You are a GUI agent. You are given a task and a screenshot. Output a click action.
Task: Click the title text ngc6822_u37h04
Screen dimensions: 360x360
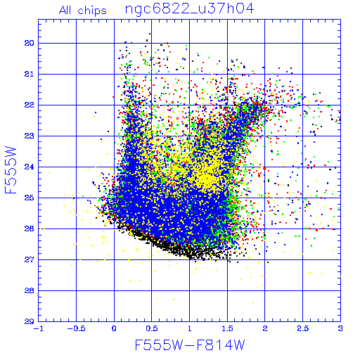(189, 9)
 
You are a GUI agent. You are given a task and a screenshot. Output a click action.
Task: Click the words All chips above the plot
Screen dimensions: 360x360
(83, 11)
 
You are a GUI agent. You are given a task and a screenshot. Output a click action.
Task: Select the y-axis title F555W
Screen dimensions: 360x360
(11, 170)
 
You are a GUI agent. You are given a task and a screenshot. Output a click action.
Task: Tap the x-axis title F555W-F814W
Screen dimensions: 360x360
(190, 345)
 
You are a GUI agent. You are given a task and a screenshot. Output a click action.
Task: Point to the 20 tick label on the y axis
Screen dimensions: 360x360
(29, 43)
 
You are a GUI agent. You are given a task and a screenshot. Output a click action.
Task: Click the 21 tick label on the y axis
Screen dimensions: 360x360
(29, 74)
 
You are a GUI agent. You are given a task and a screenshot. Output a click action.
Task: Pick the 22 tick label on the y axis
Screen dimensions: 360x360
(29, 105)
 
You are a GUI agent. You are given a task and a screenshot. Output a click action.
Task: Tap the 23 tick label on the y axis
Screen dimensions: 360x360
(29, 136)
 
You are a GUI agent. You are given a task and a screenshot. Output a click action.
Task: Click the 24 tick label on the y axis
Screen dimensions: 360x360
(29, 167)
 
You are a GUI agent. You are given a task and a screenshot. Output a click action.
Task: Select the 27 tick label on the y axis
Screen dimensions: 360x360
(29, 259)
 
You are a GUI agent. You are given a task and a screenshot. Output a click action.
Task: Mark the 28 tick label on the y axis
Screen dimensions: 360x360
(29, 290)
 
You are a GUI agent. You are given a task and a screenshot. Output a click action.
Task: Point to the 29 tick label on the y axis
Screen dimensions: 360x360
(29, 321)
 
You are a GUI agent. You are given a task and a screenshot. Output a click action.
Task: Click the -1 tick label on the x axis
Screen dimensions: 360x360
(37, 328)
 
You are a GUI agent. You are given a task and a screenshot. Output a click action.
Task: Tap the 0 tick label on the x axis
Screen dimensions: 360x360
(114, 328)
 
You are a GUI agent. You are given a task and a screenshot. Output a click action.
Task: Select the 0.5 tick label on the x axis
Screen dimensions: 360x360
(152, 328)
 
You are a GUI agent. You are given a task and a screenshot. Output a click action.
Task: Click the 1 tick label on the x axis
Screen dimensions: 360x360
(189, 328)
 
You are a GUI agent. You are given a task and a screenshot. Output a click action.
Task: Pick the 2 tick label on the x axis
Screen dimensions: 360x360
(265, 328)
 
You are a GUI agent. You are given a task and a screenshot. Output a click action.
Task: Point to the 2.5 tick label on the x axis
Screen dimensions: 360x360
(303, 328)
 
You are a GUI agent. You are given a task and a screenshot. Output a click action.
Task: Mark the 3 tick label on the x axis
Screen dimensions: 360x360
(340, 328)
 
